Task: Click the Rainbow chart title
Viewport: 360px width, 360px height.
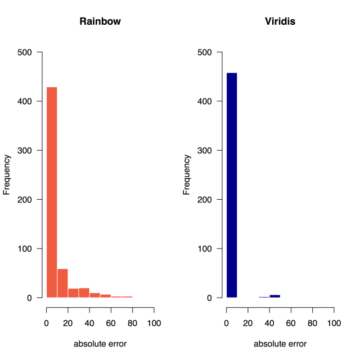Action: [x=100, y=22]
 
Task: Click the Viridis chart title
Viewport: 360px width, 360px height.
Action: [x=280, y=22]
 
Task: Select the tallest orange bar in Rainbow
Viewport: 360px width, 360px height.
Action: [x=52, y=191]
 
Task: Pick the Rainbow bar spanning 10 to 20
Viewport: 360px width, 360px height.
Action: [x=62, y=283]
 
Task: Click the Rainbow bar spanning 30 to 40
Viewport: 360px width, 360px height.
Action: [x=84, y=292]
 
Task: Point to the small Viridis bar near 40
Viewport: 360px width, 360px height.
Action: [x=274, y=296]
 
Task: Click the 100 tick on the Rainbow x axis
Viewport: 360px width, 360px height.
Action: [x=154, y=323]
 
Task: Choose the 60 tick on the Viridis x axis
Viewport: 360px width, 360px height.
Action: [x=291, y=323]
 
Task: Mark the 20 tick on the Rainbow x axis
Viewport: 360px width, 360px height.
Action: [x=68, y=323]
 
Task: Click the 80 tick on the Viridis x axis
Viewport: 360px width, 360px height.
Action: [x=313, y=323]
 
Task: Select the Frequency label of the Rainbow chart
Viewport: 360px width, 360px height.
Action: [x=7, y=175]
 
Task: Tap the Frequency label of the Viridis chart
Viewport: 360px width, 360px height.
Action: [x=187, y=175]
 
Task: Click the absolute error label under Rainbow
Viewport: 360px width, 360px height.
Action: [x=100, y=344]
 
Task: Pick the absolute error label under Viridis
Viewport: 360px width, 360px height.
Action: [x=280, y=344]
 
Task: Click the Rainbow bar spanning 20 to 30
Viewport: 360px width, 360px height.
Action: [x=73, y=293]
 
